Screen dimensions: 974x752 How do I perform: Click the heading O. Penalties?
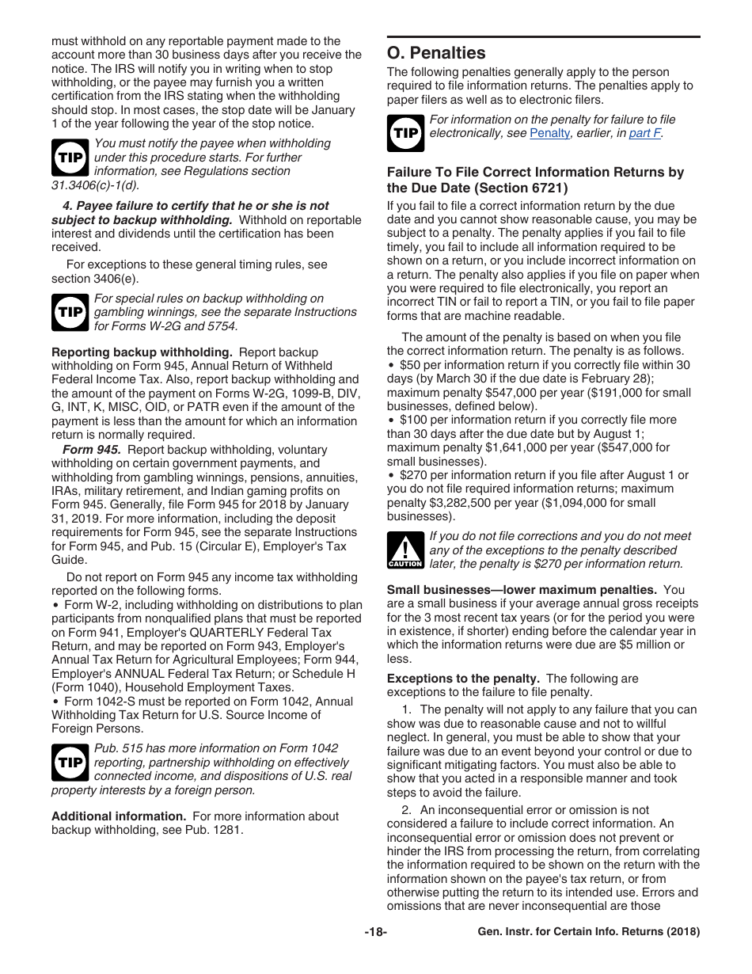(x=436, y=53)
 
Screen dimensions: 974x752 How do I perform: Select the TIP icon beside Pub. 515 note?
(x=70, y=763)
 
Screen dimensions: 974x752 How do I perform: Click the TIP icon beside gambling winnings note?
(x=70, y=312)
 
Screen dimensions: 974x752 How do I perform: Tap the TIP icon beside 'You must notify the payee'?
(x=70, y=158)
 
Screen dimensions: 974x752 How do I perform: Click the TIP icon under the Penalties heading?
(x=405, y=133)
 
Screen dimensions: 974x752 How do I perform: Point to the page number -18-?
(x=375, y=932)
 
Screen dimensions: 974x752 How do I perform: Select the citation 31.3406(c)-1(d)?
(x=95, y=185)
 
